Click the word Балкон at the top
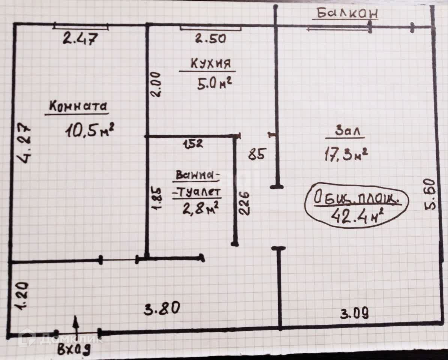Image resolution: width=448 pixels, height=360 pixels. pos(346,13)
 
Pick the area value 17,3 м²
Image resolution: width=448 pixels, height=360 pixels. pos(345,154)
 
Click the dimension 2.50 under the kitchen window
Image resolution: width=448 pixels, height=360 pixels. pos(210,38)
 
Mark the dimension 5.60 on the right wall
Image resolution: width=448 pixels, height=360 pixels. pos(430,194)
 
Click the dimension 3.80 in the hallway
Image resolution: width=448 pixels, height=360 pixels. pos(162,309)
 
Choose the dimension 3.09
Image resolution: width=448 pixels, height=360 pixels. pos(354,313)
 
